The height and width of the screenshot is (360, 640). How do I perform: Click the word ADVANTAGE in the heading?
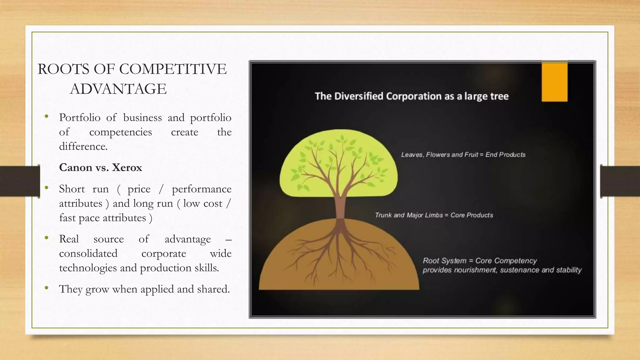(x=118, y=89)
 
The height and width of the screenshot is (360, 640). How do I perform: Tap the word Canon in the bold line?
(x=75, y=167)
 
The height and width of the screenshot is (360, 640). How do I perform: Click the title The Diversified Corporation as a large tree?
(x=412, y=96)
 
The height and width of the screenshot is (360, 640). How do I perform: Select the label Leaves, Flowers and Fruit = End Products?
(x=463, y=155)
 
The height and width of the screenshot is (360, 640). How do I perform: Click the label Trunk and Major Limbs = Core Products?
(x=434, y=215)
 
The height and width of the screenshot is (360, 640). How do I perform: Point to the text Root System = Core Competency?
(x=480, y=261)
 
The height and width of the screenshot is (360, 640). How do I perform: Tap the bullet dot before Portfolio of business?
(x=47, y=117)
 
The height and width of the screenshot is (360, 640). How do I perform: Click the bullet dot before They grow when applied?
(x=47, y=288)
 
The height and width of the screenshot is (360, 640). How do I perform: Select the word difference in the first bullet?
(x=82, y=146)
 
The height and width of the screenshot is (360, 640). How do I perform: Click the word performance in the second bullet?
(x=202, y=189)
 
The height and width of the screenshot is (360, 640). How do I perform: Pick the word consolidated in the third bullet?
(x=88, y=253)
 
